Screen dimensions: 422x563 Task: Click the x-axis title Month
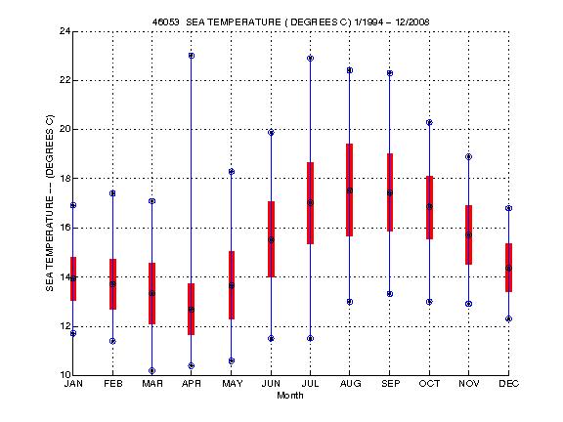tap(290, 396)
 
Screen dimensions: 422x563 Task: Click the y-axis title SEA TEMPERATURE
tap(49, 203)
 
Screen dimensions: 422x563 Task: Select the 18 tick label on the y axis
tap(63, 179)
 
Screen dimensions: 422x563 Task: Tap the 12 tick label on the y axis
tap(63, 326)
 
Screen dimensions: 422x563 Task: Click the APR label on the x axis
tap(192, 384)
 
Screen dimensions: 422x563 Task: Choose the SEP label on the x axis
tap(390, 384)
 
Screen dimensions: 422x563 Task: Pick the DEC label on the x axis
tap(508, 384)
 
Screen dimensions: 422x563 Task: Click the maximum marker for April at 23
tap(192, 56)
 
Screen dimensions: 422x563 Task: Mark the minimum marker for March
tap(152, 370)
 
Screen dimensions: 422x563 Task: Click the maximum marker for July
tap(310, 59)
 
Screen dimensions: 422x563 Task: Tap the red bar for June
tap(271, 238)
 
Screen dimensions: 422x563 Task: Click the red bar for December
tap(508, 267)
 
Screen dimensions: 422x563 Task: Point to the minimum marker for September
tap(390, 294)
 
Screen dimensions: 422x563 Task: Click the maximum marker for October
tap(429, 122)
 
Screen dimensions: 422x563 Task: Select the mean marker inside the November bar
tap(469, 234)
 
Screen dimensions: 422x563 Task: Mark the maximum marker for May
tap(231, 172)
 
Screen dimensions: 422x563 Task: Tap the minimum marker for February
tap(112, 341)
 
